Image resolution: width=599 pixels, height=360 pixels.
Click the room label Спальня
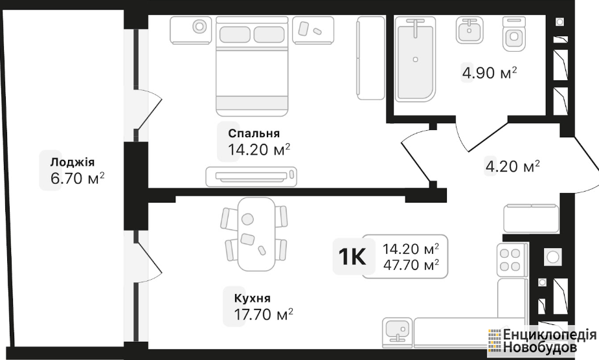click(254, 133)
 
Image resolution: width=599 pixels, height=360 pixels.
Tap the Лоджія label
click(72, 162)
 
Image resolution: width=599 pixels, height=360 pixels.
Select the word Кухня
click(252, 298)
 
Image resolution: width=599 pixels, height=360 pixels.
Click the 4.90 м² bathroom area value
click(490, 73)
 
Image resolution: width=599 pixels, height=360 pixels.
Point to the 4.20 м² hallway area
click(512, 166)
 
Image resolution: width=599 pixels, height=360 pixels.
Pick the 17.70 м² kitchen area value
click(263, 314)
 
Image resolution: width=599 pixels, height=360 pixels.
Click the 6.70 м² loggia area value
click(78, 178)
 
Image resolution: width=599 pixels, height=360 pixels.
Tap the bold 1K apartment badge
click(352, 256)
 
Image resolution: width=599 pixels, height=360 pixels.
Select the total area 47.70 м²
click(411, 264)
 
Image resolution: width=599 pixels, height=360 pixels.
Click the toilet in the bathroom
click(514, 34)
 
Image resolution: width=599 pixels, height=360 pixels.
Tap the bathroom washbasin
click(469, 30)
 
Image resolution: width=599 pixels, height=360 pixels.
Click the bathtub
click(415, 59)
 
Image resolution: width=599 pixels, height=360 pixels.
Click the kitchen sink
click(398, 333)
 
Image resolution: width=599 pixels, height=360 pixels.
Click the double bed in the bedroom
click(252, 66)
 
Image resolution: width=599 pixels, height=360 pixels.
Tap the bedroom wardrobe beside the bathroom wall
click(370, 58)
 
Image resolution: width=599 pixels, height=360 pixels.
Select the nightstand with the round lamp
click(191, 30)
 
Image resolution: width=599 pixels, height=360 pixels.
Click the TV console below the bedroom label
click(251, 177)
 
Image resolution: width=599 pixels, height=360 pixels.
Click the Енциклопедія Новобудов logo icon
click(494, 340)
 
